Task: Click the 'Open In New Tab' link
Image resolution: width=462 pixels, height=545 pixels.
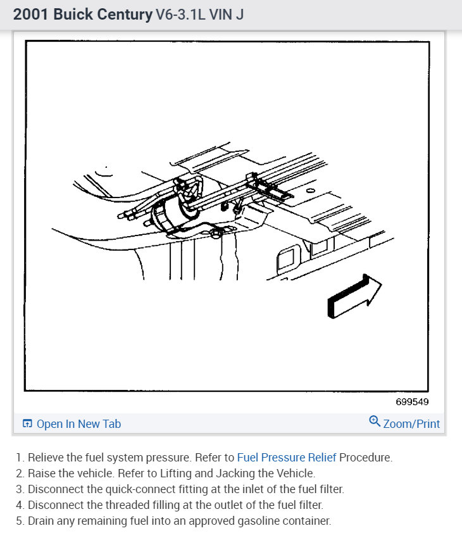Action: pos(79,423)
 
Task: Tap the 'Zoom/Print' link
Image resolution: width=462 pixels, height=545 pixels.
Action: pos(411,423)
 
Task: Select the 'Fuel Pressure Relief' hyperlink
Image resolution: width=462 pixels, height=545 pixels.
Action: pos(287,458)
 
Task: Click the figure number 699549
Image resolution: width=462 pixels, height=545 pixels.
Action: pos(412,402)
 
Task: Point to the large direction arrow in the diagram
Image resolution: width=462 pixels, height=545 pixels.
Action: pos(354,296)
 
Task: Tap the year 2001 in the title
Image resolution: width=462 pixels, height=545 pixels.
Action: pos(30,15)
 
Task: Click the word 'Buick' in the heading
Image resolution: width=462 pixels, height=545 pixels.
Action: pos(73,15)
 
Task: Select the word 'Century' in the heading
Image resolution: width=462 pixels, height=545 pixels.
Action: pos(125,15)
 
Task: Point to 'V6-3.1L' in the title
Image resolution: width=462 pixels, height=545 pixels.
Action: pos(180,15)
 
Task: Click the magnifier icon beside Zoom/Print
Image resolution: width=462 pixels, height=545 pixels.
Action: pos(375,421)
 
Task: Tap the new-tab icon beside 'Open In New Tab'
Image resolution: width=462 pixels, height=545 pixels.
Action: pos(27,423)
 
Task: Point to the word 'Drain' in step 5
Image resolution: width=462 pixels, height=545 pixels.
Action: pos(41,521)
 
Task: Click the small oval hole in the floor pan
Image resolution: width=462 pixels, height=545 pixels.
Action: pos(311,191)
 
